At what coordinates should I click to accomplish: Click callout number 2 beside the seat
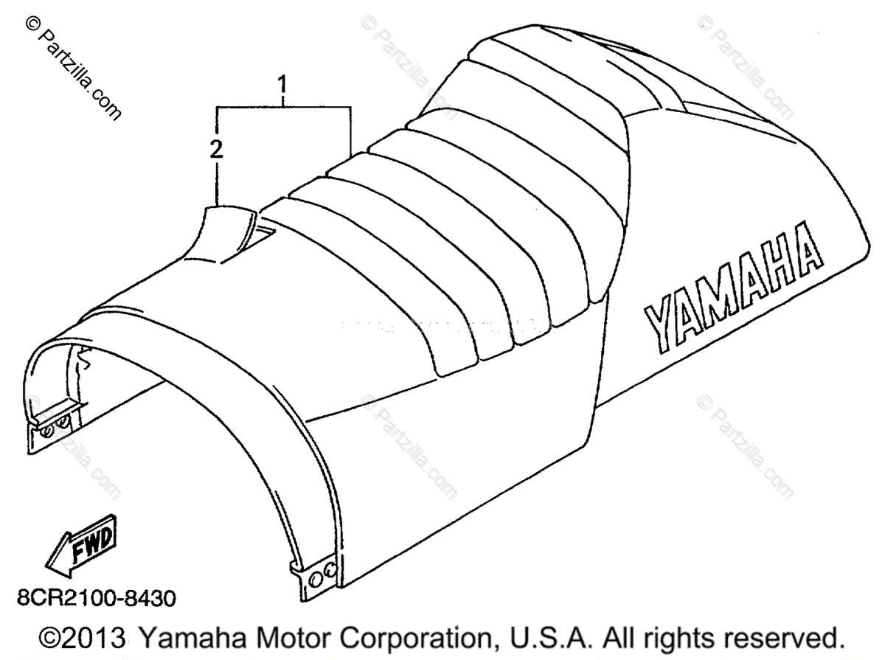[215, 150]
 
